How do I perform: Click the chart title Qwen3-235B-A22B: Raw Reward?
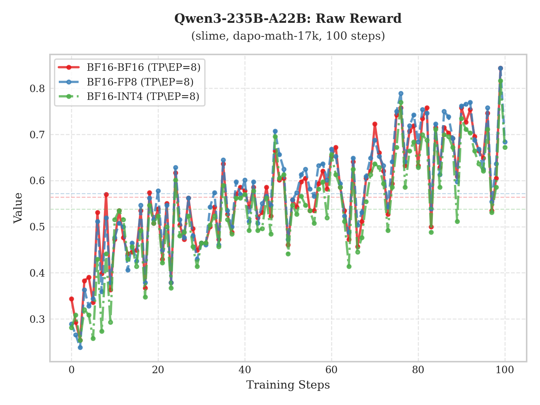click(288, 19)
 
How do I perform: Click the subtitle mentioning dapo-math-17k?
click(288, 36)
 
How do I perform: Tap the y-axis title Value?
click(18, 208)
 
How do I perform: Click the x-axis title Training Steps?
click(288, 385)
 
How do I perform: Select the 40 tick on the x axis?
click(245, 370)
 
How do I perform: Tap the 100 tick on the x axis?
click(505, 370)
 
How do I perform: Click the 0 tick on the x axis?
click(71, 370)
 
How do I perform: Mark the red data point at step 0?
click(71, 299)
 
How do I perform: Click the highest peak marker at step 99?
click(500, 68)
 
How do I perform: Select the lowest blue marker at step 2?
click(80, 347)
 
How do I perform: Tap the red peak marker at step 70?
click(375, 124)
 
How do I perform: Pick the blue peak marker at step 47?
click(275, 131)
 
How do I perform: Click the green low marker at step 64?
click(349, 266)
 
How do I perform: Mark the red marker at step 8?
click(106, 194)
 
